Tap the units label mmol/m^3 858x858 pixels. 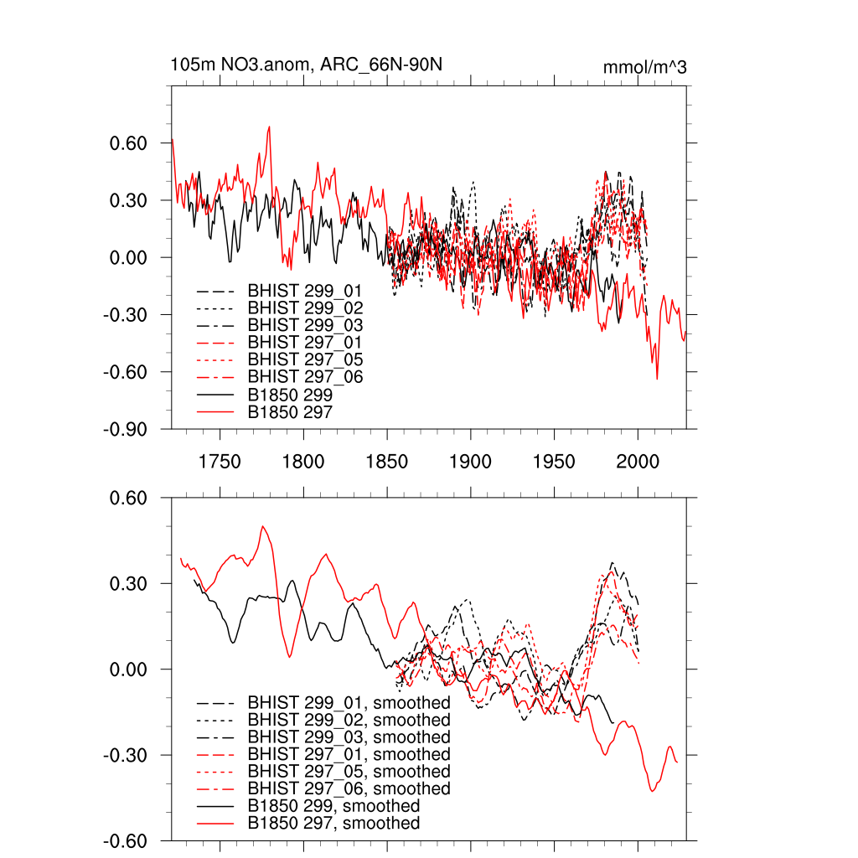[x=644, y=67]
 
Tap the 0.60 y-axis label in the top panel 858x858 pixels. [x=129, y=143]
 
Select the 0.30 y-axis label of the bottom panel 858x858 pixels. [x=129, y=584]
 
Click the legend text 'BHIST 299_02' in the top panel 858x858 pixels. [x=305, y=308]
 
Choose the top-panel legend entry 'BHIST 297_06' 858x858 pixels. [x=305, y=377]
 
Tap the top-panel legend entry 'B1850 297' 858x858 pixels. [x=290, y=412]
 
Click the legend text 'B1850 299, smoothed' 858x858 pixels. [x=333, y=806]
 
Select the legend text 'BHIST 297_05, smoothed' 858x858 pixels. [x=349, y=771]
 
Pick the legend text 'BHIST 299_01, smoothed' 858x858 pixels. [x=349, y=702]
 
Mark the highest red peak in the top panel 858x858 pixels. [x=269, y=127]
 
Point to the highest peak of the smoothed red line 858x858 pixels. [x=263, y=526]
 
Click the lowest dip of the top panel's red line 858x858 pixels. [x=657, y=379]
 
